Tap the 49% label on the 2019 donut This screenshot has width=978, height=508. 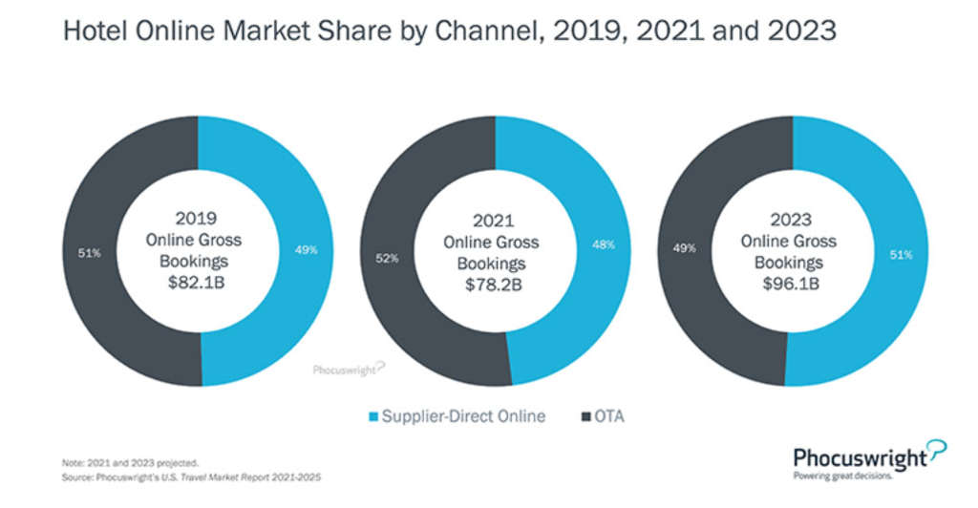click(x=307, y=250)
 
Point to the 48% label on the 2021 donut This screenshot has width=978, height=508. click(x=604, y=245)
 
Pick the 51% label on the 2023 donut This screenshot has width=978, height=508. click(x=902, y=255)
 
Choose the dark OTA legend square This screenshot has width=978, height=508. click(x=585, y=415)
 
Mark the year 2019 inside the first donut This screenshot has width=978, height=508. click(x=196, y=219)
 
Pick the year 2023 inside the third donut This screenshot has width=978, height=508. click(x=790, y=219)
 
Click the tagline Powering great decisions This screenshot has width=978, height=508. click(x=843, y=475)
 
